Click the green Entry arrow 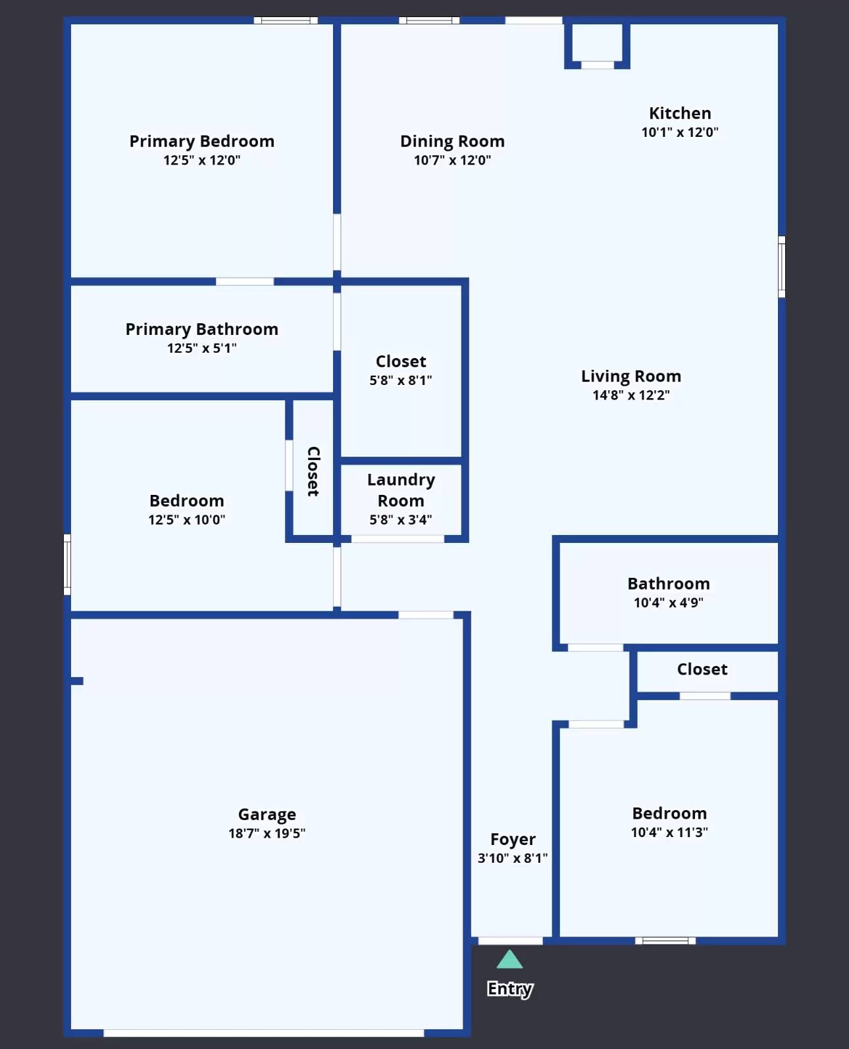tap(509, 959)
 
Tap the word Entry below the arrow tap(510, 988)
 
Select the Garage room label tap(267, 814)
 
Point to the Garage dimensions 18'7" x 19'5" tap(267, 833)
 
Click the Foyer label tap(513, 839)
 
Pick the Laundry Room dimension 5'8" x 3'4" tap(400, 520)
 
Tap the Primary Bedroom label tap(201, 141)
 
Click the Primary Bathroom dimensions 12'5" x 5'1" tap(201, 348)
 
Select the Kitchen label tap(680, 113)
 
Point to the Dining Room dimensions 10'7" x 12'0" tap(452, 160)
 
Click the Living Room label tap(630, 376)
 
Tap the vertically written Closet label tap(313, 471)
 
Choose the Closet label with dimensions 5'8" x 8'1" tap(400, 361)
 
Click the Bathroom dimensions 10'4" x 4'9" tap(668, 603)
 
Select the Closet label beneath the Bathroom tap(702, 669)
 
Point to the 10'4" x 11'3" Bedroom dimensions tap(669, 832)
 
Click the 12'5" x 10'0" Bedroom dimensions tap(186, 520)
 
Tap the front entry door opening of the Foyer tap(510, 941)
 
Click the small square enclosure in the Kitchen tap(597, 44)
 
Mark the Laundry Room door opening tap(398, 539)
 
